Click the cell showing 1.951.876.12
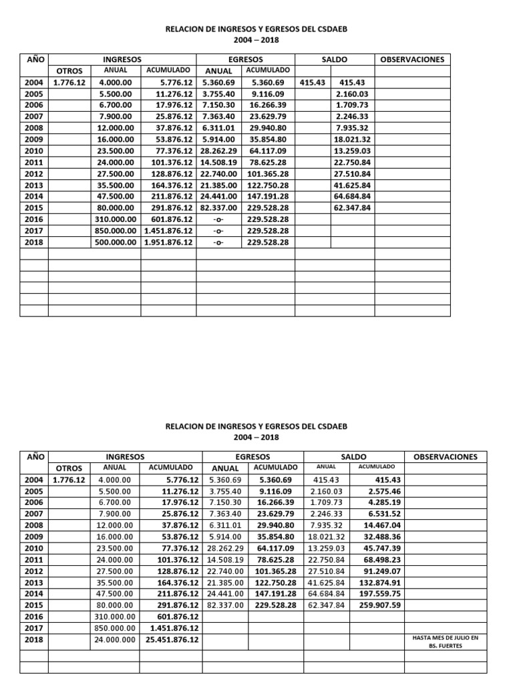(x=168, y=243)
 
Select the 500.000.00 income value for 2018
(x=118, y=243)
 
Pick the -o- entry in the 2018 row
(x=216, y=243)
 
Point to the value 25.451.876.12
(x=172, y=640)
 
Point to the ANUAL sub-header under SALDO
(x=326, y=467)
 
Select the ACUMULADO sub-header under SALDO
(x=377, y=467)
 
